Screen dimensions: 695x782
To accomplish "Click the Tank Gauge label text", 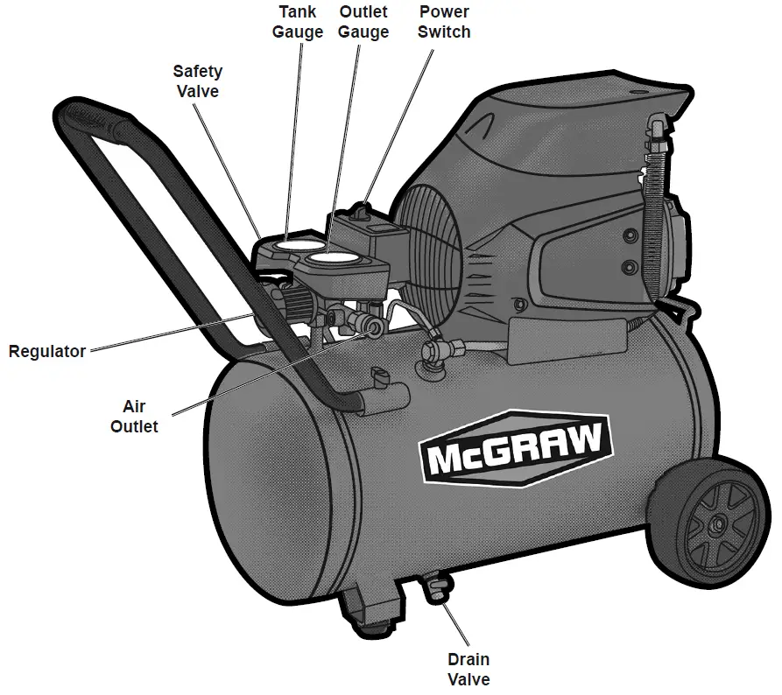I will (x=298, y=22).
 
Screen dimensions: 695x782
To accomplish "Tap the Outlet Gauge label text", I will (x=363, y=22).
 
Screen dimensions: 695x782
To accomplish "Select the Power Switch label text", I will (x=443, y=22).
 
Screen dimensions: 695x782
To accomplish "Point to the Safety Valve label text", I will (x=197, y=81).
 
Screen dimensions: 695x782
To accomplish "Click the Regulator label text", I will (x=47, y=352).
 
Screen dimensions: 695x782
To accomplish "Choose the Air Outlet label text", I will (x=140, y=417).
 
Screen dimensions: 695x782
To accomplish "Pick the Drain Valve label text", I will (x=468, y=670).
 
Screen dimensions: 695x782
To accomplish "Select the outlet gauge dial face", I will (x=333, y=259).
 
